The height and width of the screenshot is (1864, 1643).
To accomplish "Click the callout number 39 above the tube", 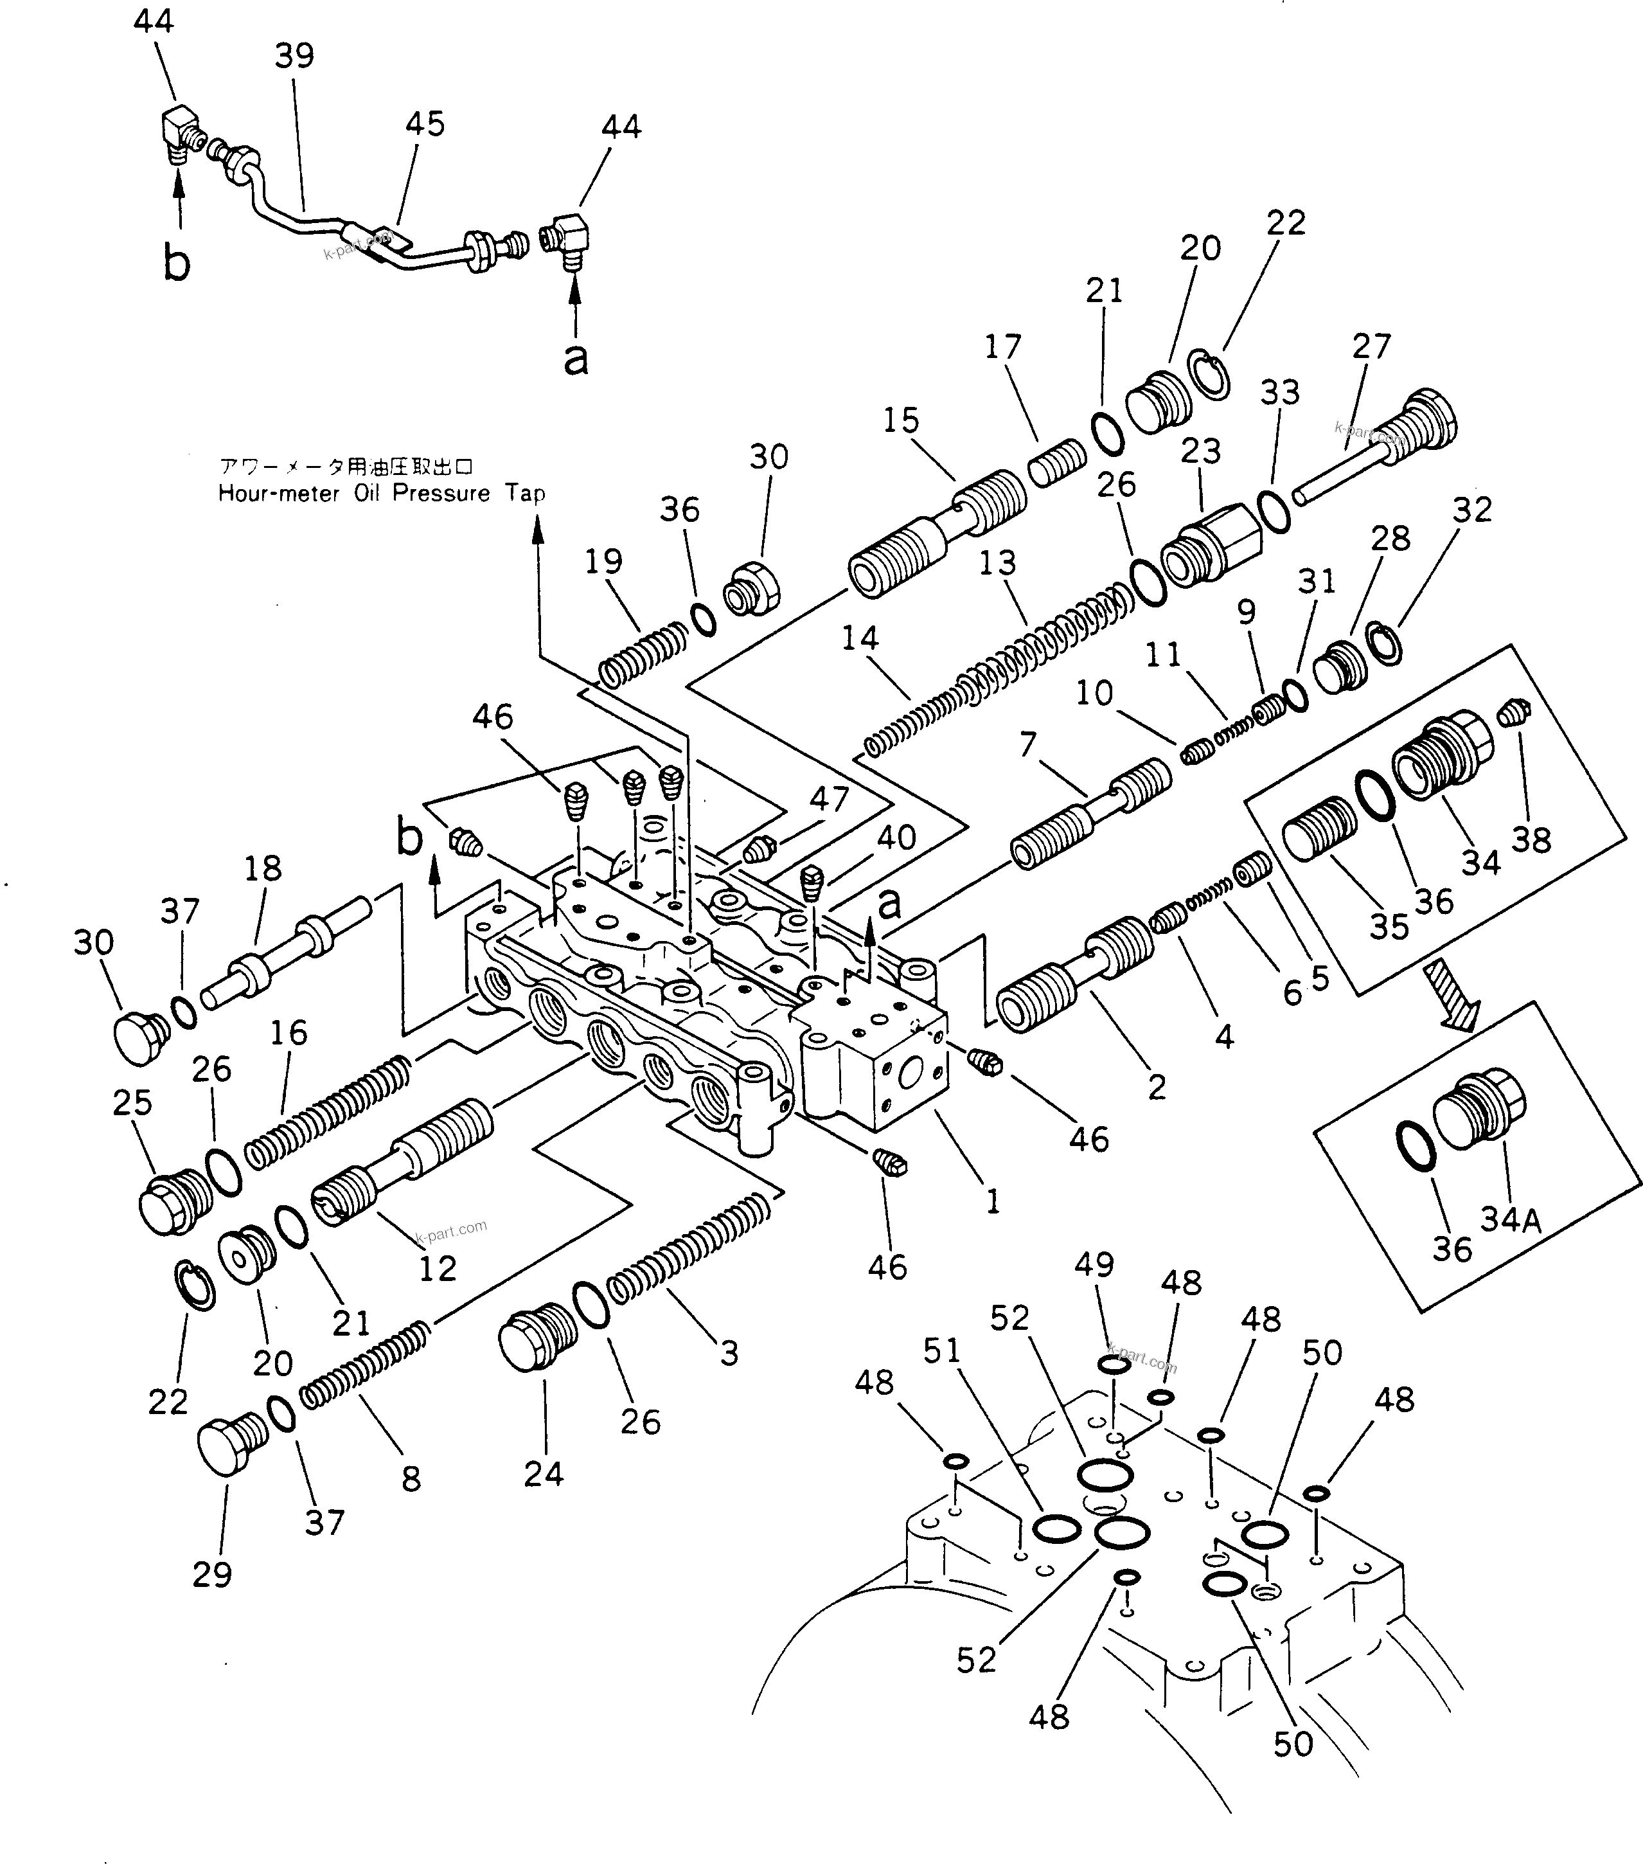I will click(x=294, y=57).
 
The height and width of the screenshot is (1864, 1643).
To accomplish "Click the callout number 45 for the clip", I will click(x=425, y=124).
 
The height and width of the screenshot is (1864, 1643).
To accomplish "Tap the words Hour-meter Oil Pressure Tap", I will click(x=381, y=494).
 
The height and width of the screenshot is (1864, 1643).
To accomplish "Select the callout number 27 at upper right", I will click(x=1371, y=346).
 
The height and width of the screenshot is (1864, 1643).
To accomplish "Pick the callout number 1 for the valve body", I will click(x=993, y=1201).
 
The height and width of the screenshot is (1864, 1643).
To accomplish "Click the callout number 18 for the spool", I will click(x=263, y=868).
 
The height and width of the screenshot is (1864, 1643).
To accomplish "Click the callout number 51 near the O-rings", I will click(x=942, y=1350).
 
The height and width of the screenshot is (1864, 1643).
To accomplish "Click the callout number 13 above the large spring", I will click(x=997, y=562).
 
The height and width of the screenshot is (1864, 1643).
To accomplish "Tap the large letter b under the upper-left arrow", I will click(x=176, y=264).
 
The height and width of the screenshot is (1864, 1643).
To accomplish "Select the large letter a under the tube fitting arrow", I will click(x=575, y=359).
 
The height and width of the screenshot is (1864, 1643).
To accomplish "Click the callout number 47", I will click(x=829, y=799).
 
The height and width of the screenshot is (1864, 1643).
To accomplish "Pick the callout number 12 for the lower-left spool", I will click(x=437, y=1268).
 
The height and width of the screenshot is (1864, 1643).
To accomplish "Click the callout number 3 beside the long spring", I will click(x=729, y=1353).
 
